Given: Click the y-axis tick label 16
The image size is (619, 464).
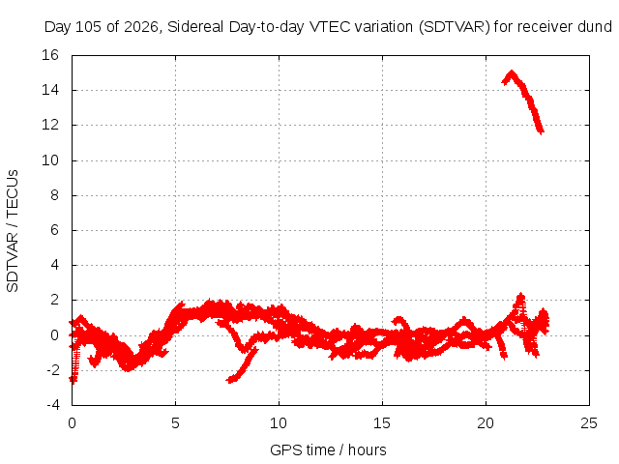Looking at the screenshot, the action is point(50,55).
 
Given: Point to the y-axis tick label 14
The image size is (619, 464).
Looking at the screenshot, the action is point(50,90).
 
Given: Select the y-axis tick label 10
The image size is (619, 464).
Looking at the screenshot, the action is point(50,160).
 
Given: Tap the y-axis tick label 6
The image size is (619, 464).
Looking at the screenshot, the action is point(54,230).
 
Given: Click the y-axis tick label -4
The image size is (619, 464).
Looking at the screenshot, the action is point(53,405).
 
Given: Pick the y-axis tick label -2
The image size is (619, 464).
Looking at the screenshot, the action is point(53,370).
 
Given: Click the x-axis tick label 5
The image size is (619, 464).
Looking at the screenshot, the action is point(175,423).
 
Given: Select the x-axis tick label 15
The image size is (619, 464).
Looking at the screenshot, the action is point(382,423).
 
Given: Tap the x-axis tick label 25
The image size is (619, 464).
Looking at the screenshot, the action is point(589,423).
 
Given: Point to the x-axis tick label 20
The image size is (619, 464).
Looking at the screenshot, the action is point(486,423).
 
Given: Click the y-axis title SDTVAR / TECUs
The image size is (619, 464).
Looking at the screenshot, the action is point(13,231).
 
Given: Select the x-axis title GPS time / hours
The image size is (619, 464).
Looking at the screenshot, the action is point(328,450).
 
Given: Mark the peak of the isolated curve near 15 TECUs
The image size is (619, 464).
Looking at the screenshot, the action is point(512,72).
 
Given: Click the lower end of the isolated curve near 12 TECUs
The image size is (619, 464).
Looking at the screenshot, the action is point(542,131).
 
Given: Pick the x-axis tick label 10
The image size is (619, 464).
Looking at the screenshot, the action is point(279,423).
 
